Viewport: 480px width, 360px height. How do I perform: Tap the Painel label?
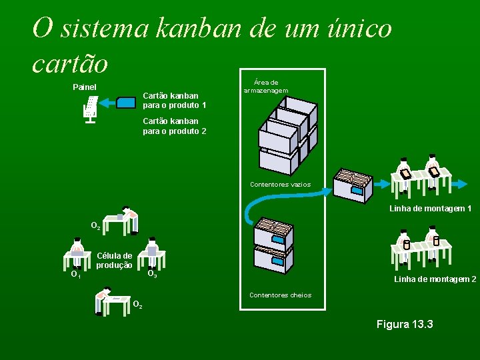[x=85, y=87]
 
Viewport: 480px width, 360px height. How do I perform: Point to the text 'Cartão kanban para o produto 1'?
[x=174, y=100]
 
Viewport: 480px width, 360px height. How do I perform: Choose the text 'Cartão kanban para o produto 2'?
[x=174, y=126]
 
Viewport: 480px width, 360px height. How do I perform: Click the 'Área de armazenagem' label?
[x=266, y=86]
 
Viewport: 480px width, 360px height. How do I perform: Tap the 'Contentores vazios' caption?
[x=280, y=185]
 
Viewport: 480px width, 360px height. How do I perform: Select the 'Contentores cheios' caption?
[x=280, y=295]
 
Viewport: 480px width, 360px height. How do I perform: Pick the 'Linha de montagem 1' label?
[x=430, y=209]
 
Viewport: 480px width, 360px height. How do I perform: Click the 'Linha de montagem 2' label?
[x=435, y=279]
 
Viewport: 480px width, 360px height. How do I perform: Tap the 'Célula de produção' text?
[x=114, y=260]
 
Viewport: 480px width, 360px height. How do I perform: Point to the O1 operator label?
[x=75, y=273]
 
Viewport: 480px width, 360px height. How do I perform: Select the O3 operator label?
[x=152, y=273]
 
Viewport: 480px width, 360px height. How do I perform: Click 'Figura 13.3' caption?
[x=405, y=324]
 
